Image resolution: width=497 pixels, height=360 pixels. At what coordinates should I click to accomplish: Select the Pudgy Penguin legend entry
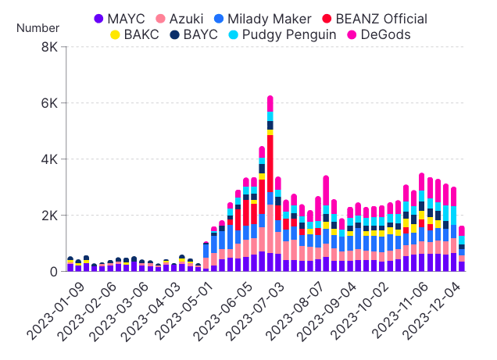pyautogui.click(x=277, y=34)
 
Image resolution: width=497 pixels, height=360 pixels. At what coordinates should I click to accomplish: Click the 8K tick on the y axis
pyautogui.click(x=48, y=47)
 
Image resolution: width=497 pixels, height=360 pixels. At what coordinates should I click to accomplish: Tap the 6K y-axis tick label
pyautogui.click(x=48, y=103)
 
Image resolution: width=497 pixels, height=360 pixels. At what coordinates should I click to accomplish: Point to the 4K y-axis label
pyautogui.click(x=48, y=159)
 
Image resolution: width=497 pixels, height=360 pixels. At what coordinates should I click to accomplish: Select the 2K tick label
pyautogui.click(x=48, y=216)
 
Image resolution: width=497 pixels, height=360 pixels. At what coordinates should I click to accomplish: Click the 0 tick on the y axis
pyautogui.click(x=52, y=272)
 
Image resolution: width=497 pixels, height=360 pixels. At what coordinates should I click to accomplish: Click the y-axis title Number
pyautogui.click(x=38, y=29)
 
